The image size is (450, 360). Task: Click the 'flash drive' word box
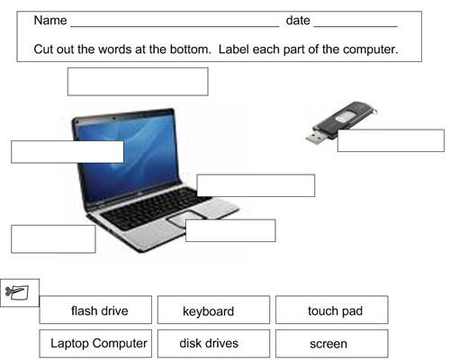(x=95, y=310)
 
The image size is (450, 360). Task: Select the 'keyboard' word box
(x=213, y=310)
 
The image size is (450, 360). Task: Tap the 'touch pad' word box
(x=332, y=310)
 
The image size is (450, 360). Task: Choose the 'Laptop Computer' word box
(x=95, y=344)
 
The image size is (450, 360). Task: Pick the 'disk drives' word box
(x=213, y=344)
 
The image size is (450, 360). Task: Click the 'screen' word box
(x=332, y=344)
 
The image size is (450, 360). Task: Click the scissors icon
(x=17, y=292)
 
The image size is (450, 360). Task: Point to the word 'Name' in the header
(x=50, y=21)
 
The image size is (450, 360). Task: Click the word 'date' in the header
(x=298, y=21)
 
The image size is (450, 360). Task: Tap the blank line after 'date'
(x=355, y=27)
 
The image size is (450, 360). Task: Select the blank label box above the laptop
(x=138, y=82)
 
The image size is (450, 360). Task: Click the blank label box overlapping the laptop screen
(x=67, y=152)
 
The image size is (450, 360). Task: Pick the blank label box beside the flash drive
(x=391, y=140)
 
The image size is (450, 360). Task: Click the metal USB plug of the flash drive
(x=316, y=137)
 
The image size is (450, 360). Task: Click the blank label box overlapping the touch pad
(x=230, y=230)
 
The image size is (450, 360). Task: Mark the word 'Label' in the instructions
(x=234, y=49)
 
